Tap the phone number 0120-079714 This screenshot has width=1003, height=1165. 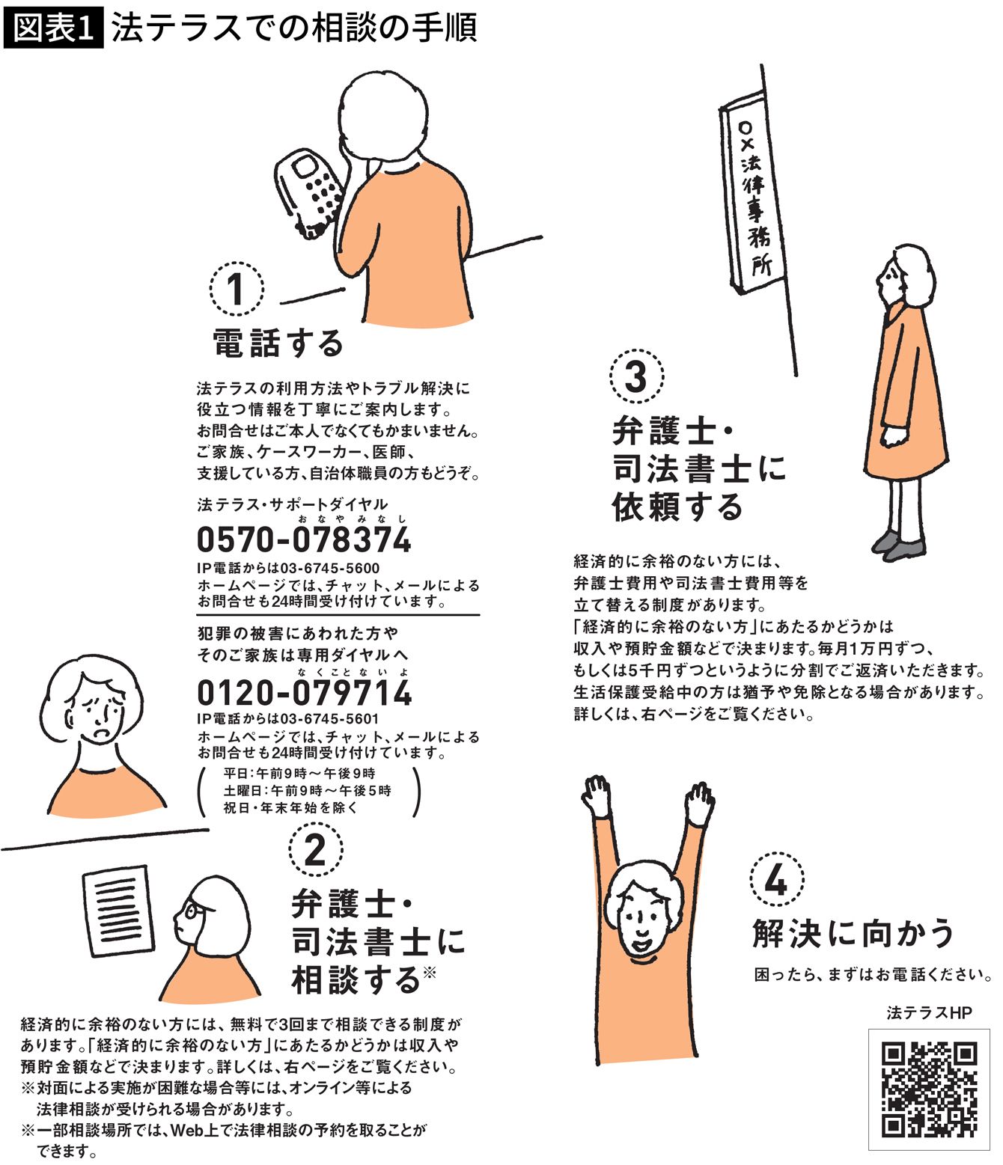305,693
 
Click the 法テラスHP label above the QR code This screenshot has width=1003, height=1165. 929,1013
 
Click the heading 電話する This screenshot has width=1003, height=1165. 278,343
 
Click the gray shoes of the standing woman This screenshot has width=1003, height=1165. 898,545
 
